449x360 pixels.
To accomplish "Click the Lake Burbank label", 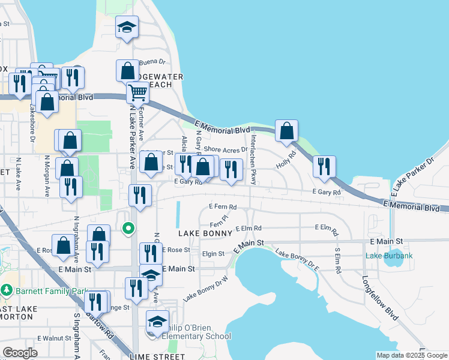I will tap(390, 256).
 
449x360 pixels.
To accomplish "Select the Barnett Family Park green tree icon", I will tap(7, 290).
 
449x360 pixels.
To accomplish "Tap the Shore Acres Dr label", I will tap(226, 149).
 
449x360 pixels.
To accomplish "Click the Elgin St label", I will tap(213, 254).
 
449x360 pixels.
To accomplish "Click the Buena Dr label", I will tap(152, 62).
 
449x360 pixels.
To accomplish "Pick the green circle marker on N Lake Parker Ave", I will tap(128, 228).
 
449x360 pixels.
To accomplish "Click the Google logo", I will tap(20, 353).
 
